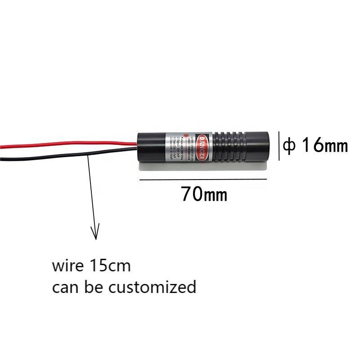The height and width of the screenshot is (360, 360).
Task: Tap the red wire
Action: (x=67, y=146)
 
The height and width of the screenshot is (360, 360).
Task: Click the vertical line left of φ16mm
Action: (x=279, y=146)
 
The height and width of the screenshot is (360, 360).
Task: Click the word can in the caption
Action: (x=63, y=287)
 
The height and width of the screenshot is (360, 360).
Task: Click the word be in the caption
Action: (x=89, y=287)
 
